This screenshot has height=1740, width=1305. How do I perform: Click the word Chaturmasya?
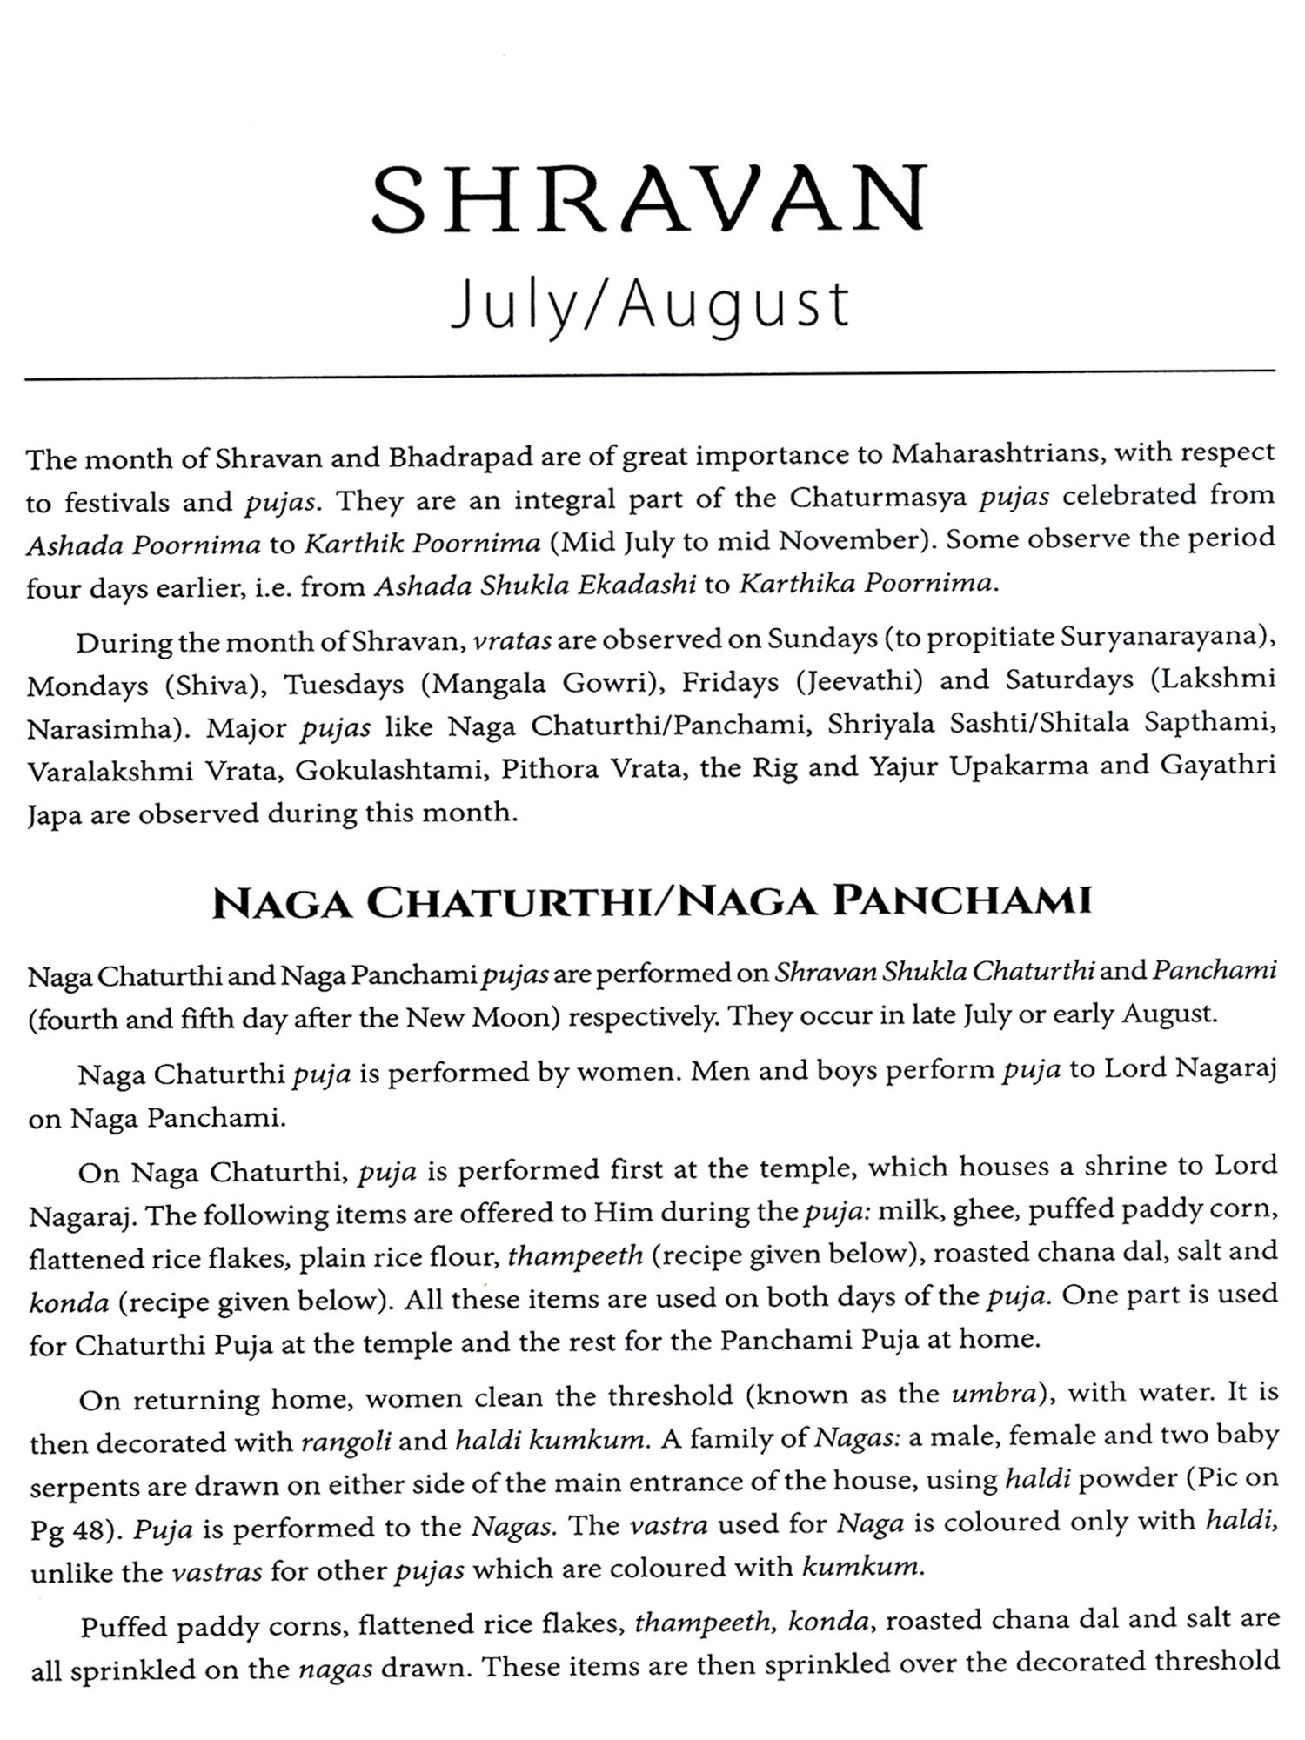(880, 498)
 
